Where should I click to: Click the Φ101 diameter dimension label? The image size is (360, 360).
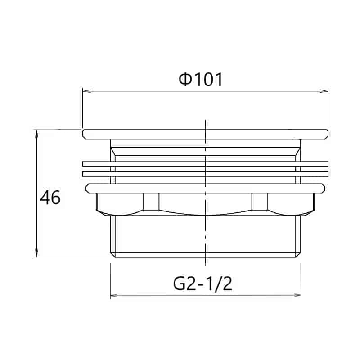201,80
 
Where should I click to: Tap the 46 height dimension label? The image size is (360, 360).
50,198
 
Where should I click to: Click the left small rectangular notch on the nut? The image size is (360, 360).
151,201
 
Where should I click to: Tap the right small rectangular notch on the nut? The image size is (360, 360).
259,201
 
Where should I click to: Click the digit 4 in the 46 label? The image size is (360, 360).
45,198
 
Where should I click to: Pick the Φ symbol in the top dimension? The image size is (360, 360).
185,80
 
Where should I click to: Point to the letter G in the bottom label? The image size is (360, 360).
179,284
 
